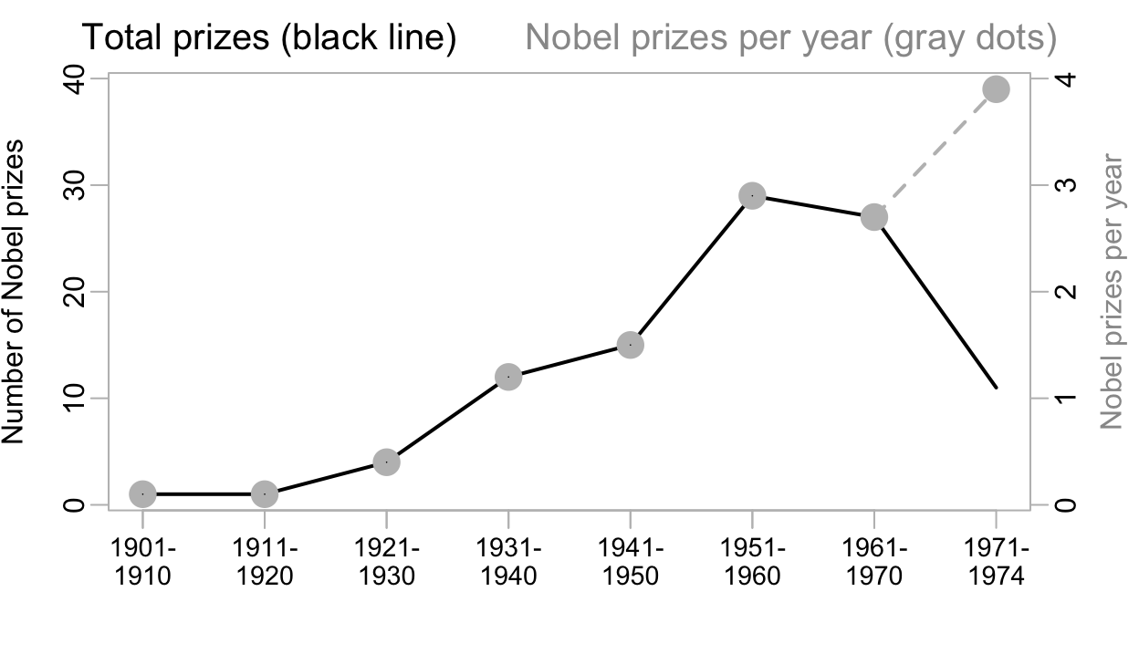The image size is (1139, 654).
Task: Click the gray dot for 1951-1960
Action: pos(752,195)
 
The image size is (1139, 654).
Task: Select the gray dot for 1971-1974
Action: pos(996,89)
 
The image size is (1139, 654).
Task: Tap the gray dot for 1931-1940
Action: pos(508,377)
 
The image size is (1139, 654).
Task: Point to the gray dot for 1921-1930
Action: pos(386,462)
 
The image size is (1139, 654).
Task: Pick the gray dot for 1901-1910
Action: pos(142,493)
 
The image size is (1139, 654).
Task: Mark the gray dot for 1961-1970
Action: pos(874,217)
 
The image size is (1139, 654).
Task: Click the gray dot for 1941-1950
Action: pos(631,345)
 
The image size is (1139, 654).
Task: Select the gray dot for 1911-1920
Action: pos(265,493)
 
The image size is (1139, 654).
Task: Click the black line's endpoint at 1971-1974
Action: pos(996,388)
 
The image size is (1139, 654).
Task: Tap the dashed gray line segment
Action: pos(935,152)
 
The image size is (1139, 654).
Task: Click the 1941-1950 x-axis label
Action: pos(631,563)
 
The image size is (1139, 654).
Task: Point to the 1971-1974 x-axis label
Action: pos(996,563)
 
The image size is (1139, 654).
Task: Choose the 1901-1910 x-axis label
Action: pos(142,563)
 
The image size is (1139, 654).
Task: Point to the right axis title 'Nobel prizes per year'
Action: pos(1111,292)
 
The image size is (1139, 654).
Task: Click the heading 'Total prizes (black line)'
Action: pos(269,38)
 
